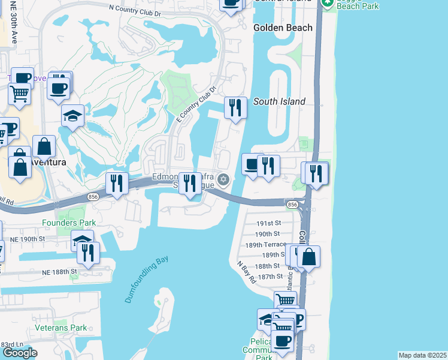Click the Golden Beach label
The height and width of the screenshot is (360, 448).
tap(283, 28)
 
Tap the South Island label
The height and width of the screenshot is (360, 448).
tap(279, 101)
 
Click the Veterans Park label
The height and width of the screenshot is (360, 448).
tap(60, 328)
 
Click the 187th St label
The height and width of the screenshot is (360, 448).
tap(268, 276)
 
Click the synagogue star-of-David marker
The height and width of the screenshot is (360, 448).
tap(223, 179)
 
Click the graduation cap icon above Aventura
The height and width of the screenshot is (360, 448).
tap(73, 115)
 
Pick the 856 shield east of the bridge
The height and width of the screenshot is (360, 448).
tap(292, 205)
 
